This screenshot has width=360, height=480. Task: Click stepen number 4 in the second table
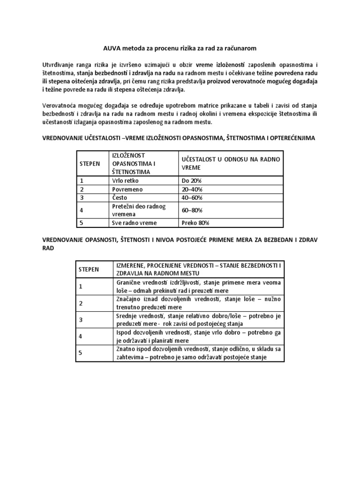(x=81, y=336)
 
